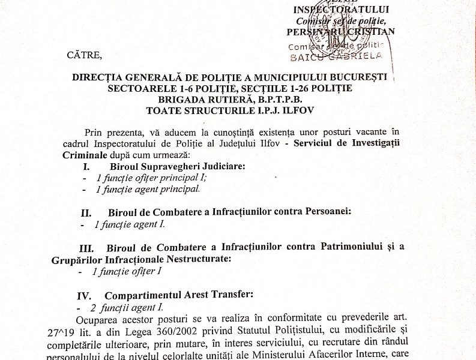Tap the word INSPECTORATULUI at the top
(x=333, y=10)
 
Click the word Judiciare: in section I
(x=218, y=166)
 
